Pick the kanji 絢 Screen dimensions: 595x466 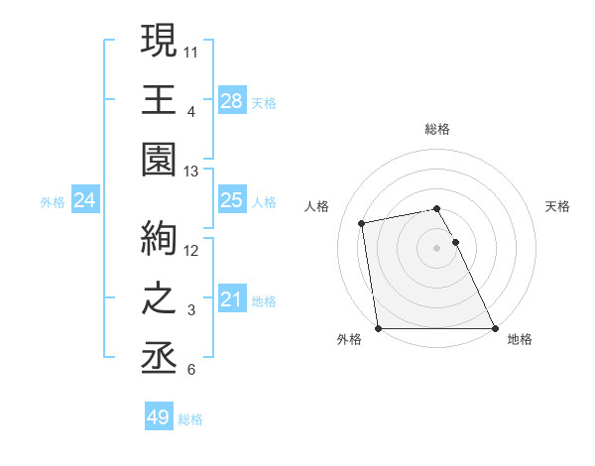pos(160,238)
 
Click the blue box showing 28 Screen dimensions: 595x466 pos(232,100)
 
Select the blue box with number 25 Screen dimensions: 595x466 pos(232,200)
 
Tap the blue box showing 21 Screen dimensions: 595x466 pos(232,298)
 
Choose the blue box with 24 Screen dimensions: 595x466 pos(85,200)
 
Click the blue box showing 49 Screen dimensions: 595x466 pos(159,417)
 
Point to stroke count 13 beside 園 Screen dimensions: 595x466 pos(192,172)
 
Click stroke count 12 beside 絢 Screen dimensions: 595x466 pos(192,249)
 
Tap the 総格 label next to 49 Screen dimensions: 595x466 pos(190,419)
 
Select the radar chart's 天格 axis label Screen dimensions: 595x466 pos(558,206)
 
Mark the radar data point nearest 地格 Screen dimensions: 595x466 pos(494,327)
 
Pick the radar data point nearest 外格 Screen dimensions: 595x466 pos(378,327)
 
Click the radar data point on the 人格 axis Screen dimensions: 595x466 pos(362,223)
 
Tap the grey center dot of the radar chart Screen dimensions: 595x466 pos(436,247)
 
